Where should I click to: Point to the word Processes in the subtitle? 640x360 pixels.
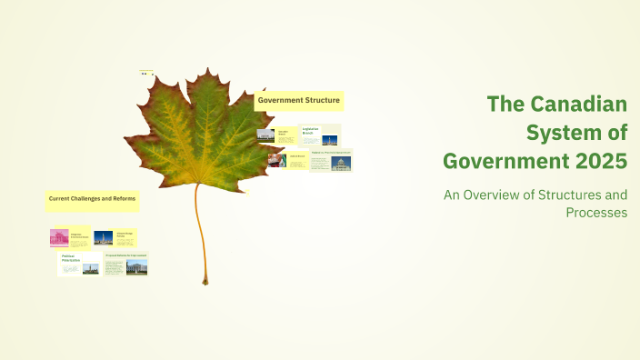[596, 212]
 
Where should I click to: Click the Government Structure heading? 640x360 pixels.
[299, 99]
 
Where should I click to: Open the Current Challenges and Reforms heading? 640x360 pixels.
[92, 197]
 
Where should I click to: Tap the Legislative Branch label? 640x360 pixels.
[312, 132]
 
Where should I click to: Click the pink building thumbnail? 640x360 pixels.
[59, 237]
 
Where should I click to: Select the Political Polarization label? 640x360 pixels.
[71, 258]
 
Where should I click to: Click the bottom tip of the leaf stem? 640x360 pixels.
[205, 282]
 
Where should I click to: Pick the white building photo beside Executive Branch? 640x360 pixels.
[265, 135]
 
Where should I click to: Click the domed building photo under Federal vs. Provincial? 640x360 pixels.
[341, 164]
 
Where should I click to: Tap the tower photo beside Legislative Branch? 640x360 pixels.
[330, 140]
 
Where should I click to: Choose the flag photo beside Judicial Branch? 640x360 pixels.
[277, 159]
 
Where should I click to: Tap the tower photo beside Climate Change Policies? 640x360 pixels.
[104, 238]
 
